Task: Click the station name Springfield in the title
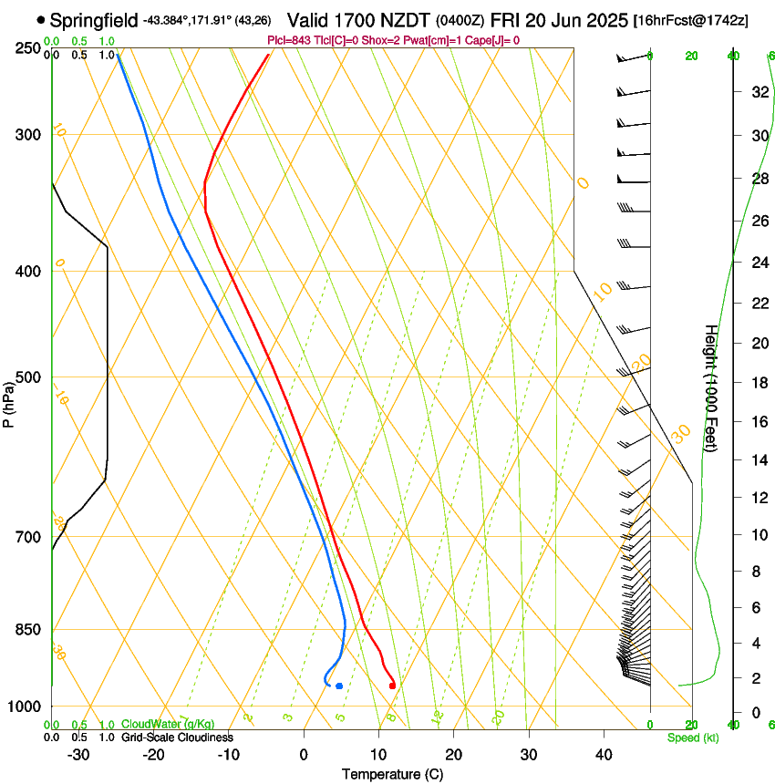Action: pos(95,19)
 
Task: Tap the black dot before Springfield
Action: pos(41,19)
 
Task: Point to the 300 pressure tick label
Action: pos(27,135)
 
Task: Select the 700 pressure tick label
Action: pos(27,537)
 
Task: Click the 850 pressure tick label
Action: pos(27,630)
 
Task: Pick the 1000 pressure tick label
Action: pos(25,707)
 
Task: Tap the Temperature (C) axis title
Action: pos(392,774)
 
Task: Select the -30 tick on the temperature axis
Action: pos(78,755)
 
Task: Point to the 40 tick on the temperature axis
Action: pos(603,755)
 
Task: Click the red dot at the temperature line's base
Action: pos(392,686)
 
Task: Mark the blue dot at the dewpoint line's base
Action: pos(339,686)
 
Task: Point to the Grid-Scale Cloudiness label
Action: pos(177,738)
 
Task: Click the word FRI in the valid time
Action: pos(504,19)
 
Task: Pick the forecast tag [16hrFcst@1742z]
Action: pos(690,20)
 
